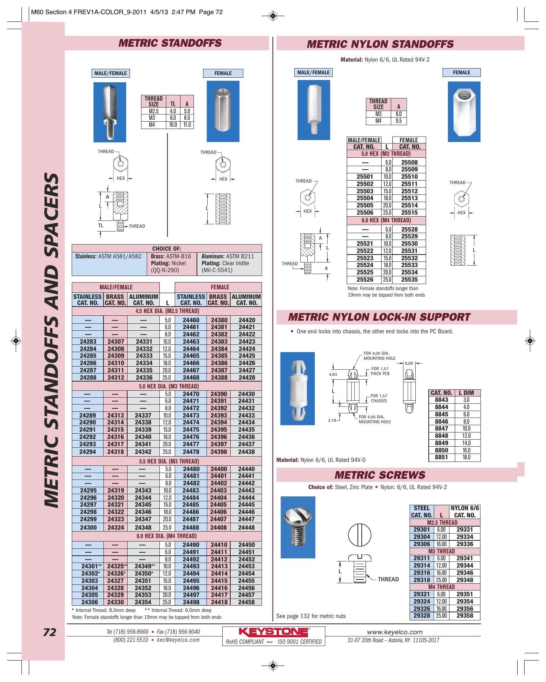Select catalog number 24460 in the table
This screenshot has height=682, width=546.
click(x=191, y=320)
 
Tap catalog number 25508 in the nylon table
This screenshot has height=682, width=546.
click(x=410, y=162)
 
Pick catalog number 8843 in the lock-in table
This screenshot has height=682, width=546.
click(x=441, y=400)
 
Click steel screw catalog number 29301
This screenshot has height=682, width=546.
click(x=422, y=530)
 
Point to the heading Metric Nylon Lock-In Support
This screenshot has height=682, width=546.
click(x=379, y=317)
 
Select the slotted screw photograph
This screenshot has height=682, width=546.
click(x=298, y=527)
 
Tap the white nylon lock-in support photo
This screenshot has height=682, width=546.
click(x=297, y=388)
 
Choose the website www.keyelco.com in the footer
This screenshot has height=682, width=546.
click(x=395, y=632)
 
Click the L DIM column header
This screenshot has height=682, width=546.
click(x=466, y=393)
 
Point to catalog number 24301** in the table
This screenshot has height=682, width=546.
click(x=92, y=566)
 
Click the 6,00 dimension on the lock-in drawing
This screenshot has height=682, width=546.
click(x=409, y=363)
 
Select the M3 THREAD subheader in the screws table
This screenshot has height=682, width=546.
click(x=441, y=551)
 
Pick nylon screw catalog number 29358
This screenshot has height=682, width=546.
click(x=465, y=616)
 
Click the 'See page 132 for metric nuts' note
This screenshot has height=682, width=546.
click(x=311, y=616)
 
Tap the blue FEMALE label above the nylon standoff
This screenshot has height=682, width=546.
click(x=461, y=72)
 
